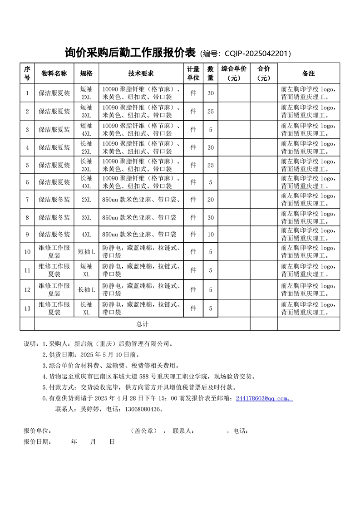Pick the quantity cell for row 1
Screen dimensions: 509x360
click(210, 93)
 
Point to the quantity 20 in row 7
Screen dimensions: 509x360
click(210, 200)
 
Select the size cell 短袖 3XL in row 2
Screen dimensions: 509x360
click(86, 111)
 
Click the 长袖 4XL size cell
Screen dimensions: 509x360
click(86, 182)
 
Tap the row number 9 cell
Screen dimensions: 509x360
click(27, 235)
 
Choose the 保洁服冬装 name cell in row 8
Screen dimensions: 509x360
click(54, 218)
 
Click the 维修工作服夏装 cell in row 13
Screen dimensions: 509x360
click(54, 308)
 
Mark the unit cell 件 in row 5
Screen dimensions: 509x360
click(193, 165)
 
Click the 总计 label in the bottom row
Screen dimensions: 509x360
click(142, 324)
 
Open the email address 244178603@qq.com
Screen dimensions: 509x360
click(263, 399)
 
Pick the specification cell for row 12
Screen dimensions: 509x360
click(86, 289)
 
